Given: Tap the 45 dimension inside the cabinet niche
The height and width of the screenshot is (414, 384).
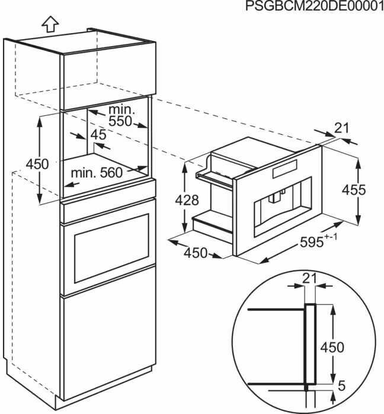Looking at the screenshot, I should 98,135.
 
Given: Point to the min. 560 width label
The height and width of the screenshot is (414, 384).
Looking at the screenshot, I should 97,173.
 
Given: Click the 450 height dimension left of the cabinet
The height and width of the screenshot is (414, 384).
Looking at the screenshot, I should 37,164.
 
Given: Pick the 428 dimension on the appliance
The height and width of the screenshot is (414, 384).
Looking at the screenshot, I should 187,200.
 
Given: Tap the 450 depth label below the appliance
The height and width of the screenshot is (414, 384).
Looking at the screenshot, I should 195,253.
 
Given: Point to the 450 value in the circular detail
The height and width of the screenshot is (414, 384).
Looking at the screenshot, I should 332,347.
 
